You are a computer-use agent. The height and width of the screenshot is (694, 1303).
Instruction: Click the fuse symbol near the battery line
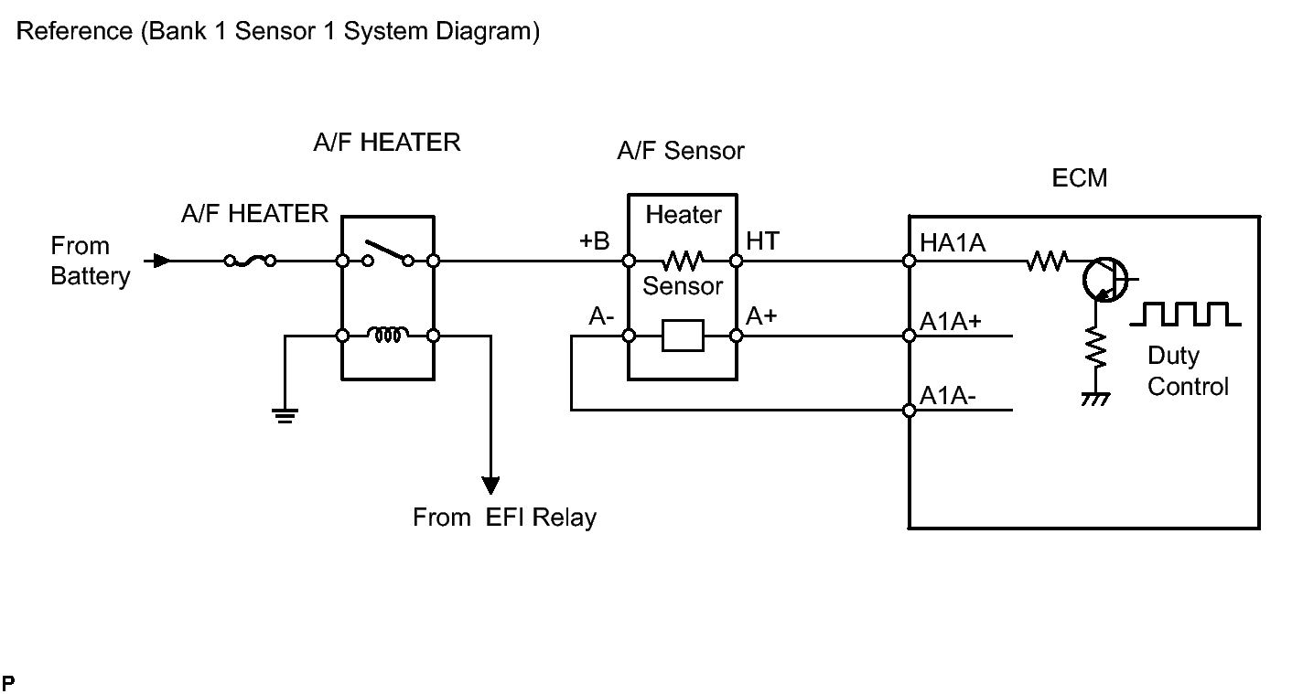[250, 262]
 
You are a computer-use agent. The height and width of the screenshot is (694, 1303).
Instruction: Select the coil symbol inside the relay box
[387, 336]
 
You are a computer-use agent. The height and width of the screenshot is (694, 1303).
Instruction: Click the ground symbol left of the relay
[285, 416]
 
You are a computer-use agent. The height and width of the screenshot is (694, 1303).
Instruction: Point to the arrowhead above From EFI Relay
[491, 483]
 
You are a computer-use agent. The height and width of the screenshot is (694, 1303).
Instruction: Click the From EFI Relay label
[504, 518]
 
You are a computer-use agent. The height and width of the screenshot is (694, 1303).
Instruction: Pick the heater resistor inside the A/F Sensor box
[682, 262]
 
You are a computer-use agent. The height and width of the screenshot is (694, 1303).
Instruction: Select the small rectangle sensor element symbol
[682, 336]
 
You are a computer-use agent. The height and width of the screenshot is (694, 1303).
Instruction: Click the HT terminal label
[762, 240]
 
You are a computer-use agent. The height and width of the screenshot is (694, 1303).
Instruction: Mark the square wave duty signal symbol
[1186, 314]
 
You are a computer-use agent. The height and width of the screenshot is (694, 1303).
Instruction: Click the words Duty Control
[1187, 371]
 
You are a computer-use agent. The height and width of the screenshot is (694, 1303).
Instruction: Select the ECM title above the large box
[1080, 177]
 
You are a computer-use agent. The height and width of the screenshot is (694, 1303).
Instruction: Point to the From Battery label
[90, 261]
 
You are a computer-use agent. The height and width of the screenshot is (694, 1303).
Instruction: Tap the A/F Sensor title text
[680, 151]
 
